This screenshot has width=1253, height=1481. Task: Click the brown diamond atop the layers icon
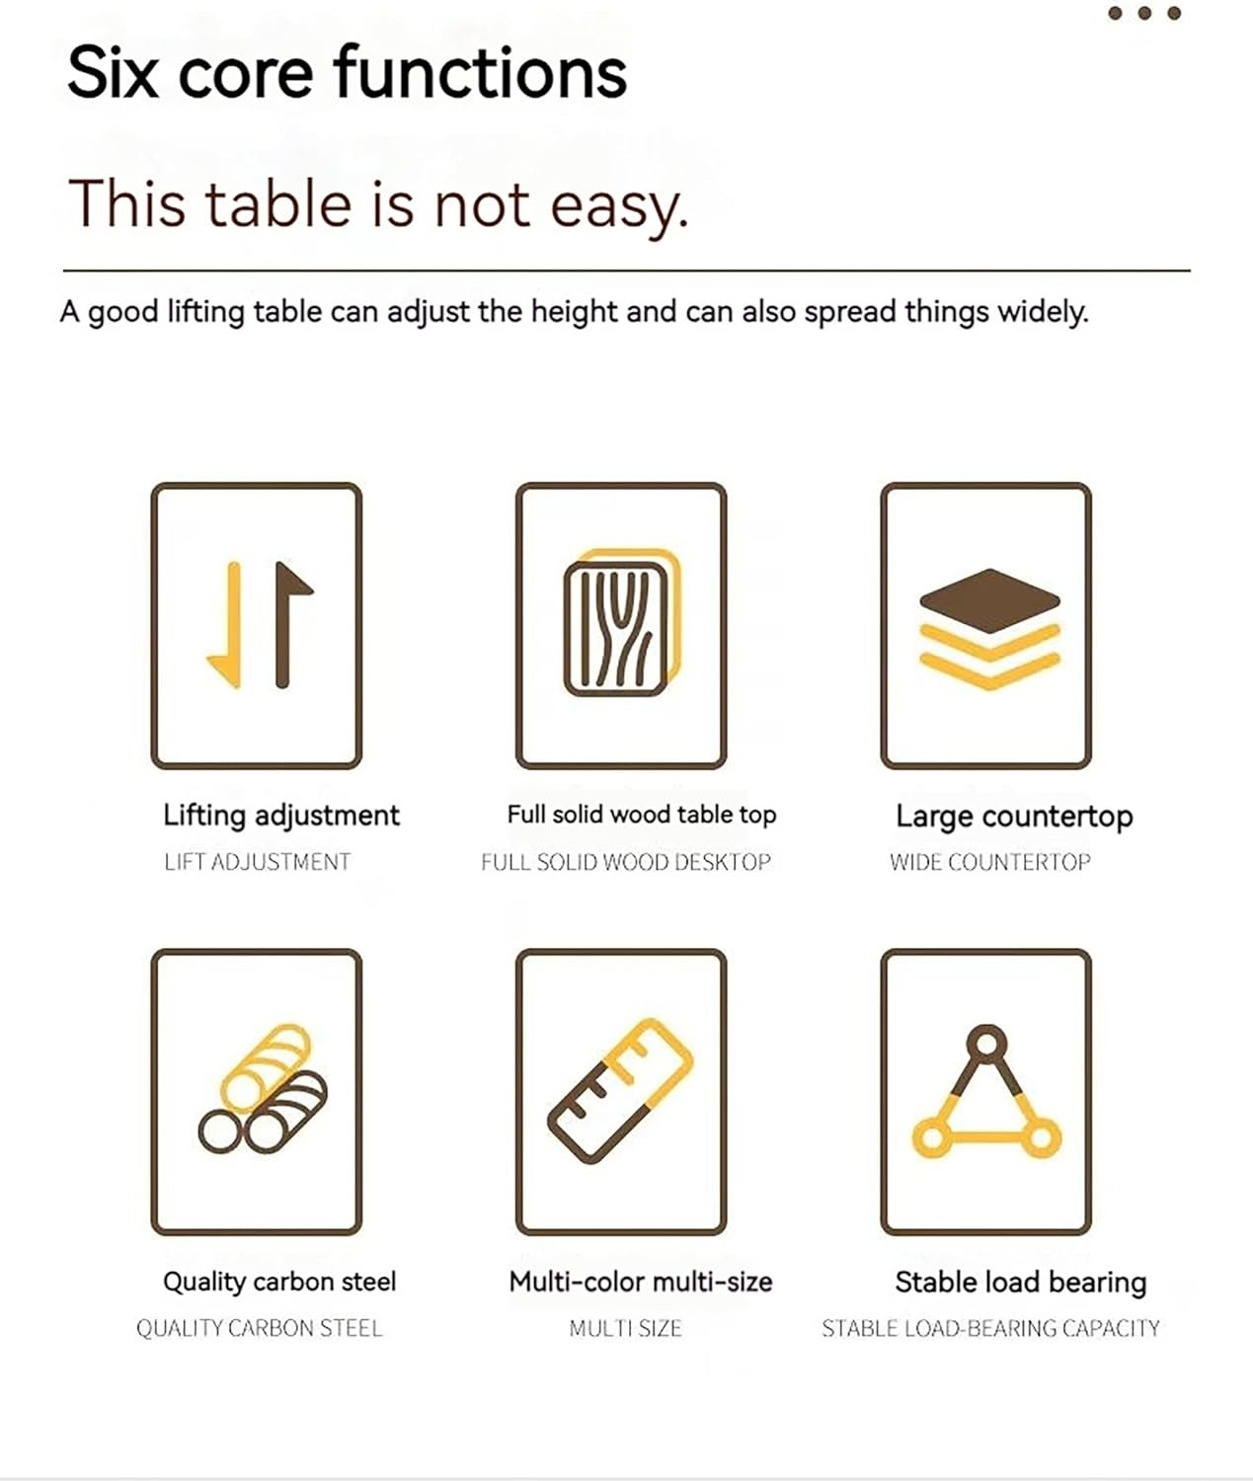pyautogui.click(x=989, y=600)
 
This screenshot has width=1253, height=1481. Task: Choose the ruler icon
pyautogui.click(x=620, y=1090)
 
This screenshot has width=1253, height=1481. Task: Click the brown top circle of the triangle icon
pyautogui.click(x=986, y=1043)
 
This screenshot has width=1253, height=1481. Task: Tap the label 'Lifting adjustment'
pyautogui.click(x=280, y=816)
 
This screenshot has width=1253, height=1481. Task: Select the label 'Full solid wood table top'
pyautogui.click(x=641, y=815)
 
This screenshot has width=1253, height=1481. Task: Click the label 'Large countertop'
pyautogui.click(x=1014, y=817)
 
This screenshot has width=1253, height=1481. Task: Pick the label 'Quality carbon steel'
pyautogui.click(x=279, y=1282)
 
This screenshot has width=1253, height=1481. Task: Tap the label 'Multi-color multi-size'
pyautogui.click(x=641, y=1282)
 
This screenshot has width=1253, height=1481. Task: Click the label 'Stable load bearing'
pyautogui.click(x=1021, y=1283)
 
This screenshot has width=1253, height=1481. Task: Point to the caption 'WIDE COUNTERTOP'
pyautogui.click(x=990, y=862)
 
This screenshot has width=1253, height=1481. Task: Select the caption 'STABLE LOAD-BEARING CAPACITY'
pyautogui.click(x=990, y=1328)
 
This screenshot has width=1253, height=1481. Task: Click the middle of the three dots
pyautogui.click(x=1144, y=13)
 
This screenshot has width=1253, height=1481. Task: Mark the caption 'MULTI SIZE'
pyautogui.click(x=625, y=1328)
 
